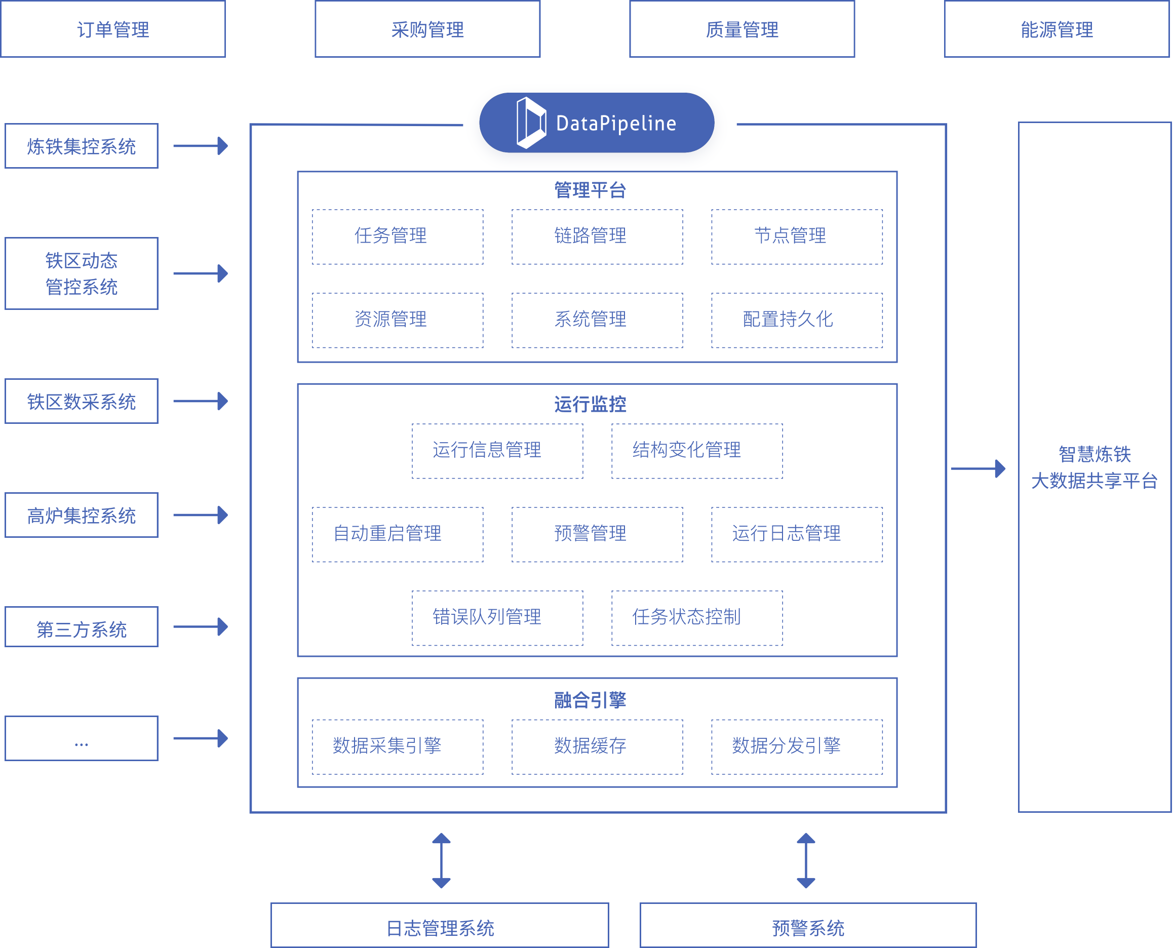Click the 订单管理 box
[x=113, y=29]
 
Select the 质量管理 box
[x=741, y=29]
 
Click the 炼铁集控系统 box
[x=82, y=146]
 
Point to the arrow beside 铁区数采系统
[x=201, y=401]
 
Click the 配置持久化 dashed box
[x=796, y=320]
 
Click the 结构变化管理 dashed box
[x=697, y=451]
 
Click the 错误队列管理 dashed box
[x=497, y=618]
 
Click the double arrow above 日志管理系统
[x=441, y=860]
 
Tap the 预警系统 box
[x=808, y=927]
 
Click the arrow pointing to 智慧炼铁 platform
[x=977, y=468]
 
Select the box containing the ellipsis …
[x=82, y=738]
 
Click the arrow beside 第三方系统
[x=201, y=626]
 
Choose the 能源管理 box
[x=1056, y=29]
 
